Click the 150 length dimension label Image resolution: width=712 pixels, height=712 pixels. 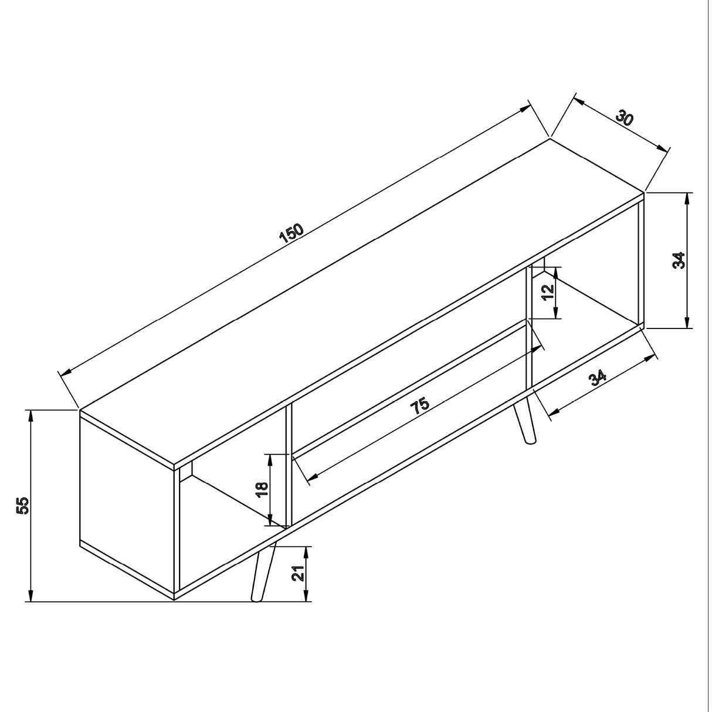[x=291, y=233]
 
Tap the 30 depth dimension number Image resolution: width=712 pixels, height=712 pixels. [x=625, y=118]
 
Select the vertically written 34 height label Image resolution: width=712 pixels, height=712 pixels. [x=678, y=260]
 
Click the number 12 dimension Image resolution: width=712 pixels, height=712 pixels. [x=548, y=293]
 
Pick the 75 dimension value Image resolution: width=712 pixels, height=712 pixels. [x=420, y=406]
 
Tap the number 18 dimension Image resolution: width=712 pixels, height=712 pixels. [x=262, y=490]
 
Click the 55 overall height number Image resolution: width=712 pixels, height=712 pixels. [x=22, y=506]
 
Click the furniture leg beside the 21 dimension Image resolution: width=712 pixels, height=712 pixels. [x=260, y=573]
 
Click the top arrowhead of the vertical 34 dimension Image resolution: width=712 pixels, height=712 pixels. [x=687, y=198]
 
